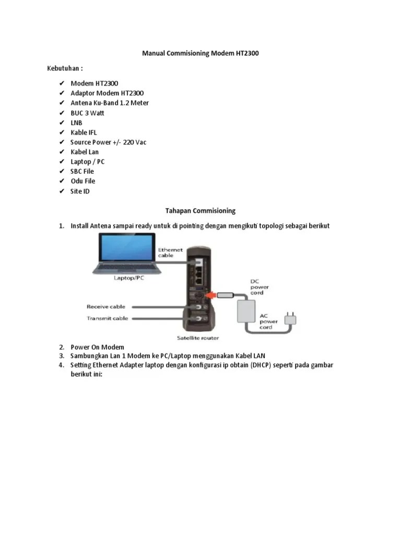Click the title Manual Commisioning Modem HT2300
click(x=200, y=53)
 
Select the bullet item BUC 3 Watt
click(x=87, y=113)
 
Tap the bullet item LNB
click(x=76, y=123)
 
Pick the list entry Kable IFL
click(x=84, y=132)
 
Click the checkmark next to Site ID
click(x=61, y=191)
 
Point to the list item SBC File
click(x=82, y=172)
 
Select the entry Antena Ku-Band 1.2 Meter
click(x=110, y=103)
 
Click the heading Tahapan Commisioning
click(x=200, y=211)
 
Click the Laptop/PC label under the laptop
click(x=128, y=278)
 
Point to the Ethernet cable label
click(x=170, y=252)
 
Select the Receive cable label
click(x=106, y=307)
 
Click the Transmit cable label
click(x=107, y=318)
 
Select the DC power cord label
click(x=260, y=287)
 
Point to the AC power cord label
click(x=269, y=322)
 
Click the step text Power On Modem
click(x=97, y=347)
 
